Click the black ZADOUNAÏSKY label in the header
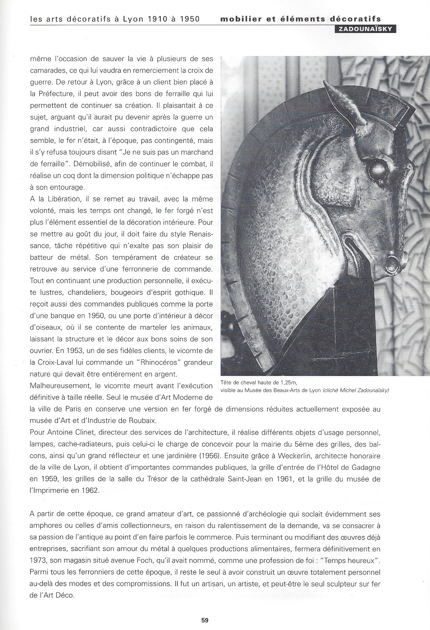click(x=365, y=29)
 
